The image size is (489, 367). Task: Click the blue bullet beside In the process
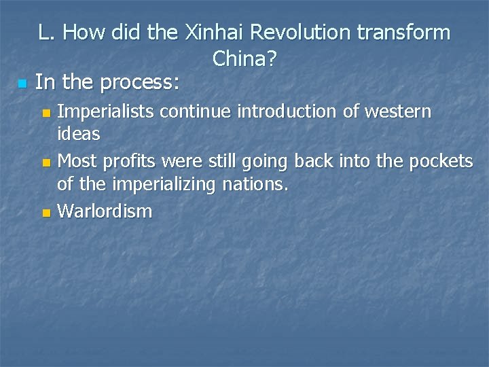pos(21,84)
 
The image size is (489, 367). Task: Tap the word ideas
pos(79,134)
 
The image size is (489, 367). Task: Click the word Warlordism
pos(105,211)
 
